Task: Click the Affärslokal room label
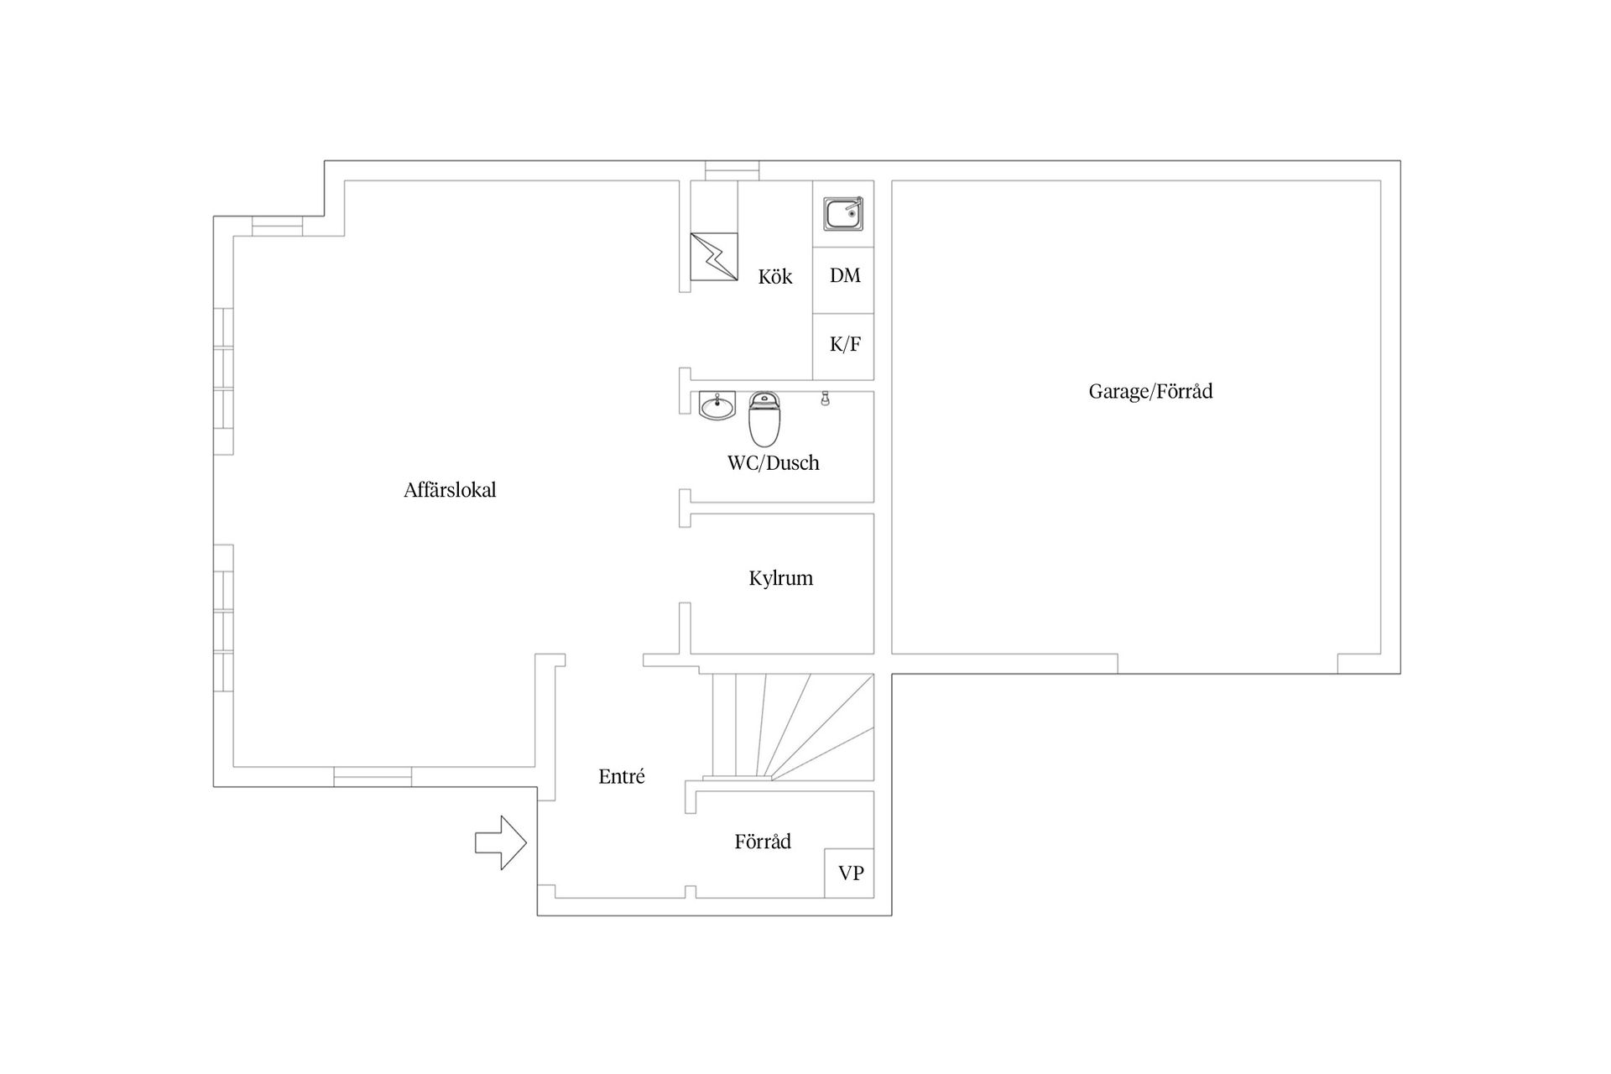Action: pos(450,490)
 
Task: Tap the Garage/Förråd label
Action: pos(1150,391)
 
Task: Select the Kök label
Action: pos(775,276)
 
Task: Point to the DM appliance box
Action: pos(843,280)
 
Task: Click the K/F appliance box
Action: pos(843,347)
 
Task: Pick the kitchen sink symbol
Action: pos(843,214)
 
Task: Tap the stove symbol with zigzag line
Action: pos(714,257)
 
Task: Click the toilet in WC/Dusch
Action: pos(764,419)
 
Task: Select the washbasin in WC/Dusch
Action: pos(717,405)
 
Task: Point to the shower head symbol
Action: pos(825,399)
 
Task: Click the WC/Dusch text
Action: pos(773,462)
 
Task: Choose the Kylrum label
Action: pos(780,578)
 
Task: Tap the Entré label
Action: pos(622,776)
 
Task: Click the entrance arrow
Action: pos(501,842)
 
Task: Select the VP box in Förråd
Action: pos(849,873)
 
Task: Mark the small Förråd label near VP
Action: pos(763,842)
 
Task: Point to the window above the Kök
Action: pos(732,170)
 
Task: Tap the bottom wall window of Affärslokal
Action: pos(373,777)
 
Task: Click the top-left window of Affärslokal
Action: pos(277,227)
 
